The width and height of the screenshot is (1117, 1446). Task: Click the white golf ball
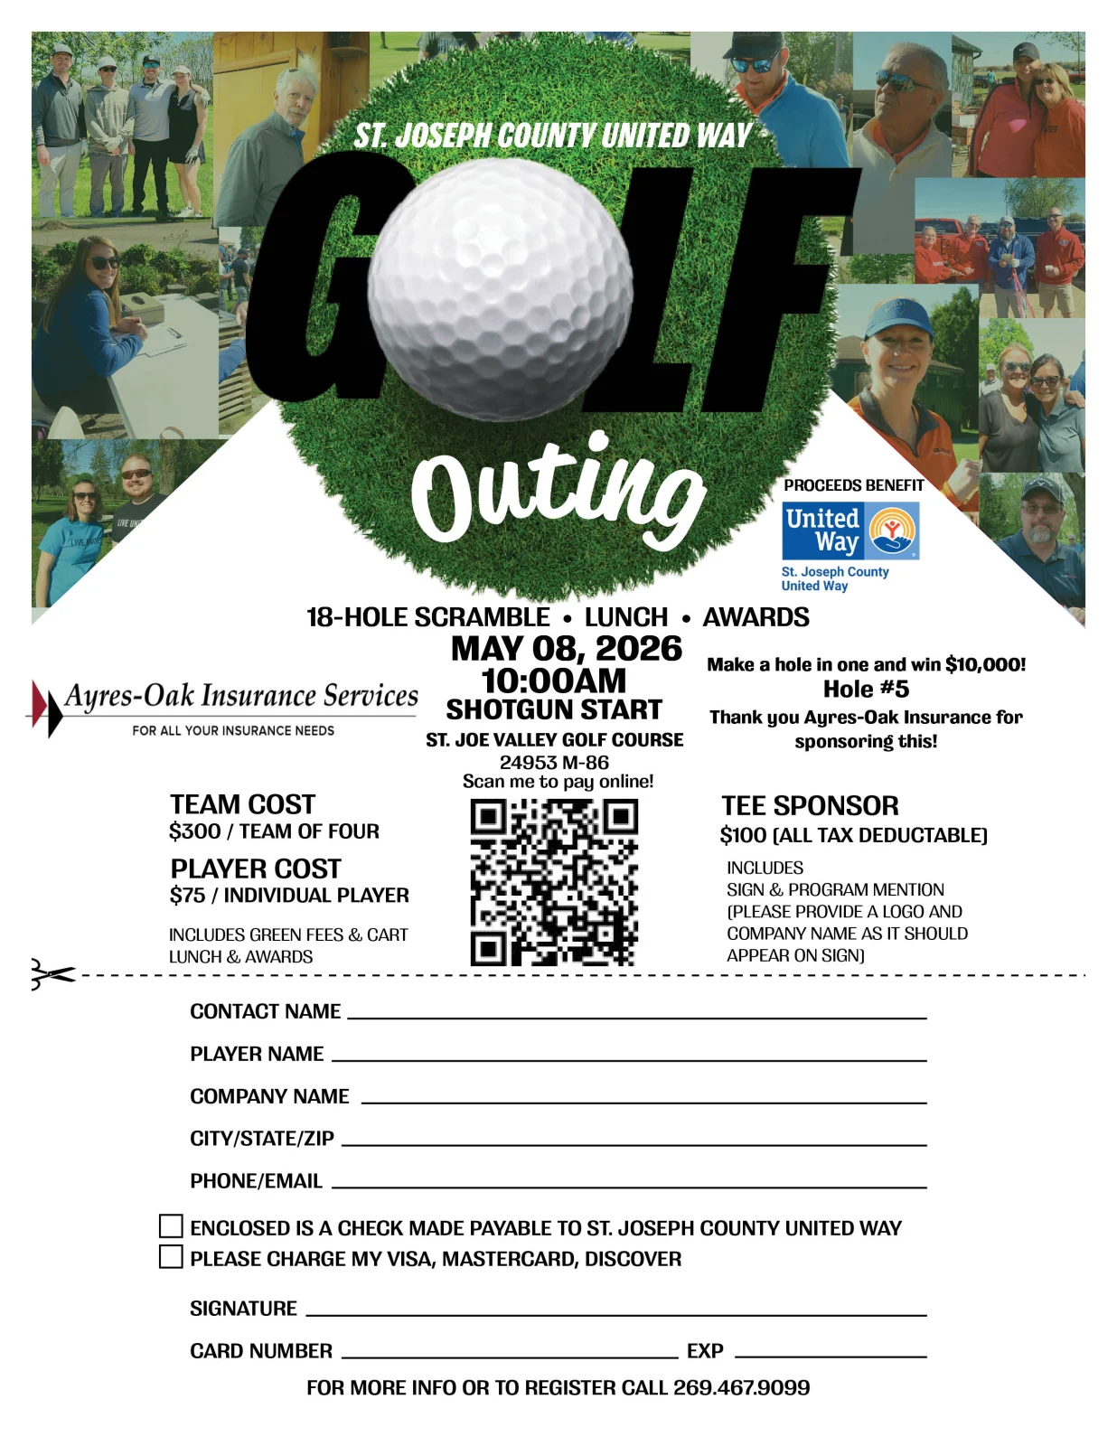pos(501,289)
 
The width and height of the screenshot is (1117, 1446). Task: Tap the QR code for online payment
pos(554,882)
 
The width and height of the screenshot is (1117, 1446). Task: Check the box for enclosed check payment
pos(171,1225)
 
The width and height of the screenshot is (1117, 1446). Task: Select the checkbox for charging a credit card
pos(171,1256)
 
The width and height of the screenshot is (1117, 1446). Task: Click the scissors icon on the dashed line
pos(51,974)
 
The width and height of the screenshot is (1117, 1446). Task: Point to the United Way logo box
pos(849,531)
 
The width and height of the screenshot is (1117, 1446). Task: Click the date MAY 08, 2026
pos(567,649)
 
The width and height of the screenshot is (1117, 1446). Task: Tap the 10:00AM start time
pos(554,681)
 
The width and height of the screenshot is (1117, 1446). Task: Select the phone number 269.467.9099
pos(741,1387)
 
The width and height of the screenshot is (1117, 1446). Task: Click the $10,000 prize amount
pos(984,665)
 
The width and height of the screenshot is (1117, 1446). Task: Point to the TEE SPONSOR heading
pos(810,806)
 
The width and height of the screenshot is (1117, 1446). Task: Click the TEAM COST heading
pos(242,804)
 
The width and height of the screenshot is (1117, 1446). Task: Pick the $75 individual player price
pos(187,896)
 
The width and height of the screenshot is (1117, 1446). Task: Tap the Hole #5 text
pos(866,690)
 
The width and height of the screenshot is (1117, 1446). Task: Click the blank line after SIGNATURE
pos(616,1310)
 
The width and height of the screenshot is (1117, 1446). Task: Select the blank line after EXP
pos(831,1353)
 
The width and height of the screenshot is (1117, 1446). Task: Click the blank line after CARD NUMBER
pos(510,1353)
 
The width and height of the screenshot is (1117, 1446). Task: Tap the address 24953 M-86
pos(554,762)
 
